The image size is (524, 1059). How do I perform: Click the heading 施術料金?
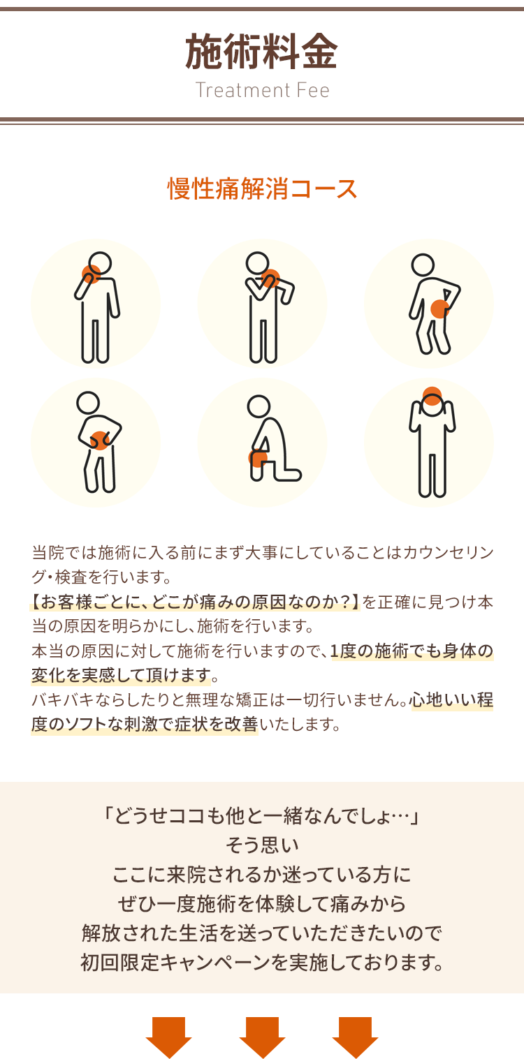coord(261,52)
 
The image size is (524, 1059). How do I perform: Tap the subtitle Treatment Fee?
coord(262,90)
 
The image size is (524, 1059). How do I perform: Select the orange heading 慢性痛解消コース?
coord(262,188)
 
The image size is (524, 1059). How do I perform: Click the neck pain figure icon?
coord(96,304)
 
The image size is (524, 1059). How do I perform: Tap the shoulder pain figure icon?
coord(263,304)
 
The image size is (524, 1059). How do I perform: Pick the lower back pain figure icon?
coord(429,304)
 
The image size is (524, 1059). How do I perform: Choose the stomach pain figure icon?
coord(96,443)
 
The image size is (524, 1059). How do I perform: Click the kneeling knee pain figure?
coord(263,443)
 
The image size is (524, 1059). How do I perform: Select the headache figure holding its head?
coord(429,443)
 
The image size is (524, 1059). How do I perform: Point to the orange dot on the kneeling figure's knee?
coord(258,458)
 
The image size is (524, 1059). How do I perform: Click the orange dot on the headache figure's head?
coord(432,396)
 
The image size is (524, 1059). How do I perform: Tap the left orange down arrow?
coord(168,1037)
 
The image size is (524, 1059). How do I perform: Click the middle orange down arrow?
coord(262,1037)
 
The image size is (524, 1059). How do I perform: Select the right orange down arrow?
coord(355,1037)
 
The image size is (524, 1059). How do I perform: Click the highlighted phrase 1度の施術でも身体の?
coord(412,651)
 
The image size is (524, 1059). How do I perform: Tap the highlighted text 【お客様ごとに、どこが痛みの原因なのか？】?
coord(195,602)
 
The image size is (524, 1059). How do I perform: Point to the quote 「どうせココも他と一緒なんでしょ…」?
coord(262,815)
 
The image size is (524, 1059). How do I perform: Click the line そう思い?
coord(262,845)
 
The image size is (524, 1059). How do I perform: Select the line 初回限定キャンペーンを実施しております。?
coord(262,963)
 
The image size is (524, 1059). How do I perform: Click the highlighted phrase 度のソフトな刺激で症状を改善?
coord(145,725)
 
